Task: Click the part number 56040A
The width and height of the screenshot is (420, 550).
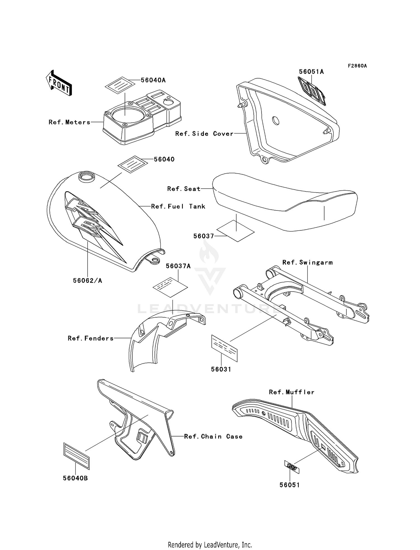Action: coord(153,80)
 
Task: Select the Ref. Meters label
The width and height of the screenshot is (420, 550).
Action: coord(69,122)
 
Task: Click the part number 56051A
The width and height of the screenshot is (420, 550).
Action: coord(311,72)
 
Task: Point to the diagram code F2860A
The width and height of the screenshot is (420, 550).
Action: coord(357,66)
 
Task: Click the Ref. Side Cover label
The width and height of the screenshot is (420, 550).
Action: coord(204,134)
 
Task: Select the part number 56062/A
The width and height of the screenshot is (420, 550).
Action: coord(87,280)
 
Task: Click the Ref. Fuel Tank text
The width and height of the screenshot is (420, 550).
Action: coord(178,207)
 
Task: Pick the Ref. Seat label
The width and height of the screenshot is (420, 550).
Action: coord(184,189)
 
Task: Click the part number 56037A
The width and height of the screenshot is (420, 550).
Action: coord(178,266)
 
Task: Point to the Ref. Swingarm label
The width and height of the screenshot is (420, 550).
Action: coord(307,262)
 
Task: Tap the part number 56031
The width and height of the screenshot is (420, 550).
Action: coord(221,369)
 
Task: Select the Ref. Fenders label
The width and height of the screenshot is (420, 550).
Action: coord(91,338)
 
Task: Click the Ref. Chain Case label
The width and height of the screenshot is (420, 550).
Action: coord(213,436)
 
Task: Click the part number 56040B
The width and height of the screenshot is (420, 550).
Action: coord(75,478)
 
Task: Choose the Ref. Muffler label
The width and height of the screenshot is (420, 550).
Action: coord(291,392)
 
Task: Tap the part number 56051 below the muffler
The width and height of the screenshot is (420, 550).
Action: coord(290,485)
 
